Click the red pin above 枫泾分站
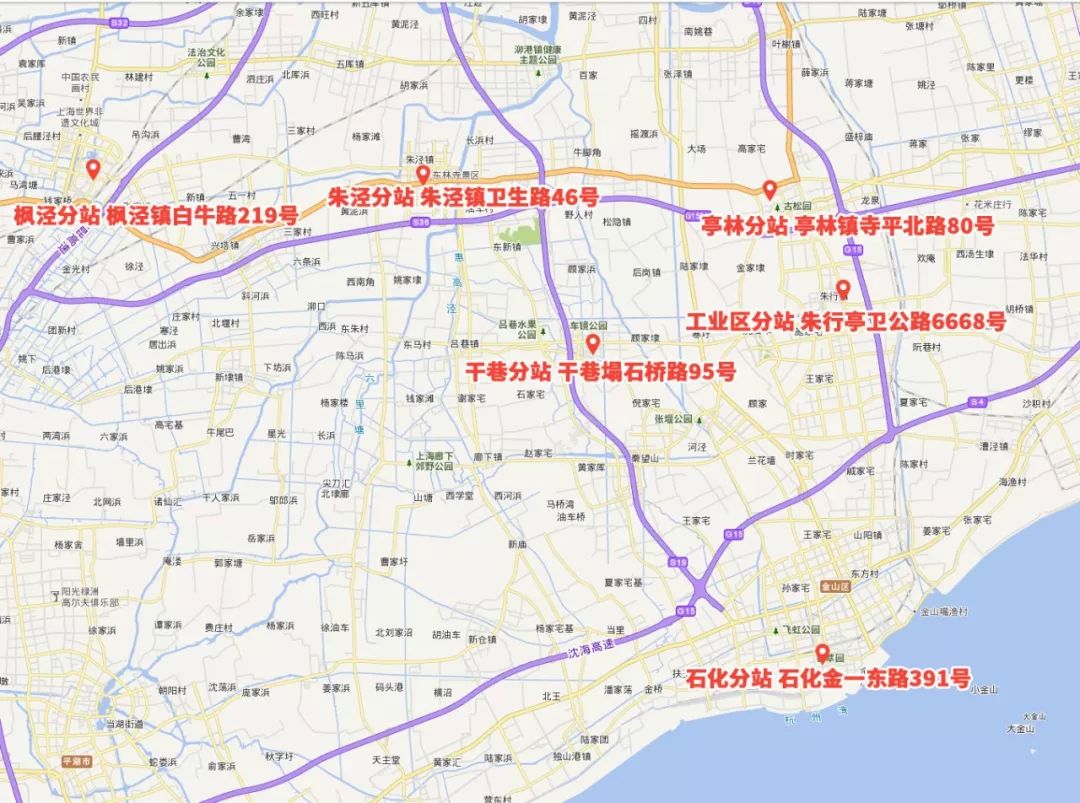click(93, 169)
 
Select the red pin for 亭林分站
click(769, 189)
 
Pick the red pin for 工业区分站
click(843, 289)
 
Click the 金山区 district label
click(833, 587)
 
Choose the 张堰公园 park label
click(673, 419)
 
